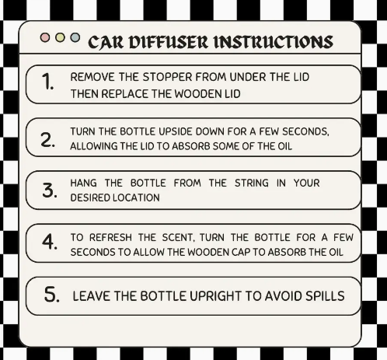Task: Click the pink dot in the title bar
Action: click(x=45, y=37)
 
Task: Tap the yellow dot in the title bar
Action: click(x=60, y=37)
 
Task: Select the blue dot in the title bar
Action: click(x=75, y=37)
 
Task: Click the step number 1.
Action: click(x=48, y=82)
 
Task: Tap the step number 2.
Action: click(x=48, y=139)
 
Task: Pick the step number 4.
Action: click(x=48, y=243)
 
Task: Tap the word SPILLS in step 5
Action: click(x=323, y=296)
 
